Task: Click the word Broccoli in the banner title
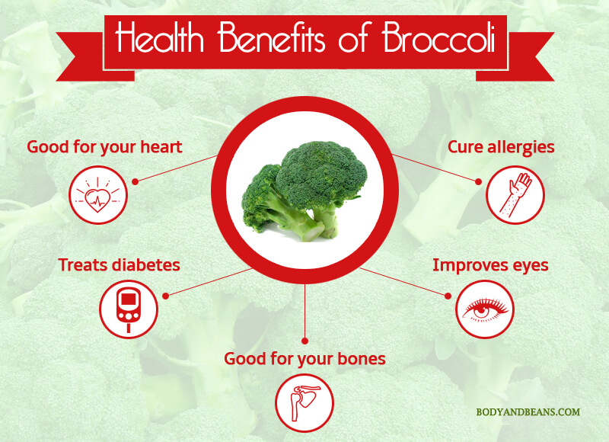439,37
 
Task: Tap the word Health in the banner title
159,37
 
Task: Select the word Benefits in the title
271,37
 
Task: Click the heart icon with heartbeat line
98,195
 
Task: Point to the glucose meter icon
129,309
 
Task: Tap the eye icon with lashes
485,309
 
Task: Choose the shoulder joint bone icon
304,402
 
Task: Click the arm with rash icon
515,195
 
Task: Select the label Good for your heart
104,147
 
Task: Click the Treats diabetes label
120,265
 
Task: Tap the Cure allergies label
501,147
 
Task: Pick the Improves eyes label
490,265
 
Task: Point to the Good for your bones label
305,359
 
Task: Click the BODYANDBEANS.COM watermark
528,412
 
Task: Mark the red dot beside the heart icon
136,181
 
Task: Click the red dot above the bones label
305,341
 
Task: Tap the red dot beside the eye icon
448,296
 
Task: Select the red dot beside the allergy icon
479,181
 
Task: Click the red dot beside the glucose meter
165,296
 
